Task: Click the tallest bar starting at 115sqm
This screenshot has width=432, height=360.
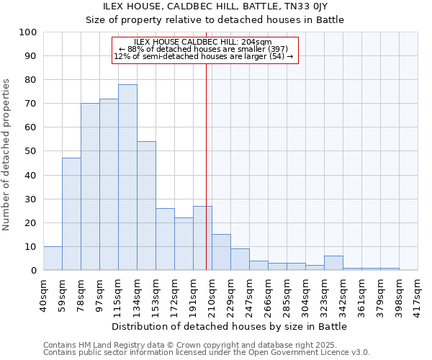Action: click(127, 177)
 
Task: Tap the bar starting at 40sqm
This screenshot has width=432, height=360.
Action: click(53, 258)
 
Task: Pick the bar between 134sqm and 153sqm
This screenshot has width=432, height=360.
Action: click(146, 206)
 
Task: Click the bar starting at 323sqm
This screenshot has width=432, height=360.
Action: click(333, 263)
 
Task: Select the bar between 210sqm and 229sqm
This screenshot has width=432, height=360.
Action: click(221, 252)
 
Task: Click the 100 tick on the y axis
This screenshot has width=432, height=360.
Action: click(28, 32)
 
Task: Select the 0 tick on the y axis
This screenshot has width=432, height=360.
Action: click(34, 271)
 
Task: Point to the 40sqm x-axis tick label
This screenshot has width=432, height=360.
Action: click(43, 294)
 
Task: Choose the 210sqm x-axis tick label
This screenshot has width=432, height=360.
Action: click(212, 294)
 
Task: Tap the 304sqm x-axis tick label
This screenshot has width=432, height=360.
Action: click(305, 294)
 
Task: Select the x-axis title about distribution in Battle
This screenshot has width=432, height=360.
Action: click(230, 326)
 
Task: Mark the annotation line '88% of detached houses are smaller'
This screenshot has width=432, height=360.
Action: click(203, 49)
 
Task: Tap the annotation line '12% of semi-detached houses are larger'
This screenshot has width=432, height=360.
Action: click(204, 56)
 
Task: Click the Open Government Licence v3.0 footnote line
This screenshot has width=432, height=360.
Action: click(207, 353)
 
